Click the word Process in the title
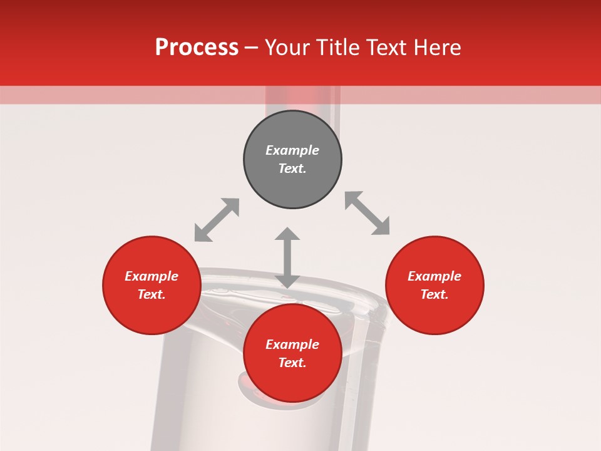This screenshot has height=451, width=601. click(x=197, y=48)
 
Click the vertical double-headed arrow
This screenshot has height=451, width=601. click(x=287, y=257)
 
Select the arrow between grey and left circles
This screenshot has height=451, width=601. click(x=217, y=220)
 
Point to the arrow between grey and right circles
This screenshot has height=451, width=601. click(x=367, y=213)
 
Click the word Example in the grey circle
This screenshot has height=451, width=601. click(x=292, y=150)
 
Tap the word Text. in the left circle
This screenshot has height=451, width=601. click(x=152, y=294)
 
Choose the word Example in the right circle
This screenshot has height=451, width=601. click(x=434, y=276)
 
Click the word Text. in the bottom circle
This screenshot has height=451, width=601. click(x=292, y=363)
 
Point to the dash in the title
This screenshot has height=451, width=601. click(x=251, y=48)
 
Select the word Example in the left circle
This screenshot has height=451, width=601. click(x=152, y=276)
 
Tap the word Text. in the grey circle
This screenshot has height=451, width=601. click(x=292, y=168)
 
